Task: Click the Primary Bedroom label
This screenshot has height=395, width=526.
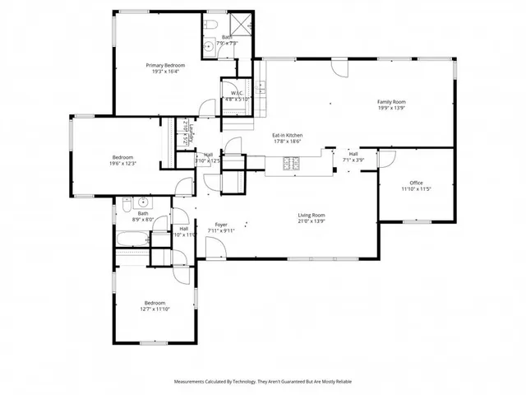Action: [165, 65]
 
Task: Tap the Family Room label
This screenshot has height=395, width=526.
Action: [391, 102]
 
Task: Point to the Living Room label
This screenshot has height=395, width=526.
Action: [311, 216]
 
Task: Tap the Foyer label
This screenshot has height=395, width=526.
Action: [221, 224]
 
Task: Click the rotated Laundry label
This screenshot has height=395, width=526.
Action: [186, 132]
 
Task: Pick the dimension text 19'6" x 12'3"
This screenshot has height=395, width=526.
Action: [122, 163]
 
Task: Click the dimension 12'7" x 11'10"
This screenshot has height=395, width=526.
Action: [155, 309]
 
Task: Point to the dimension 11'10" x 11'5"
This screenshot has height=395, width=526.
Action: [416, 189]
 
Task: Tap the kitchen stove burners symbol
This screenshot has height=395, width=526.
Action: [293, 165]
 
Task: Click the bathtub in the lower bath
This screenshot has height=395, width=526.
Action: [132, 241]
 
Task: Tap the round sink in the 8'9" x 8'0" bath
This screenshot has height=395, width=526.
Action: [143, 202]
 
